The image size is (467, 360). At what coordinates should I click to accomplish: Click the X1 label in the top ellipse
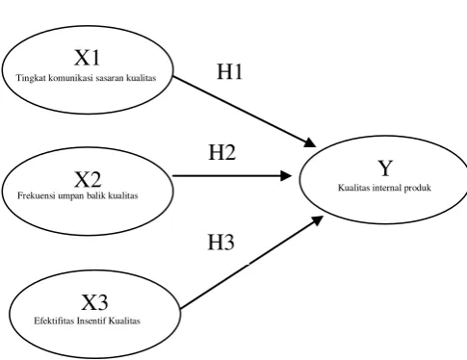click(x=88, y=58)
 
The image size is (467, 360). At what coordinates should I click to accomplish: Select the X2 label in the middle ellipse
click(x=88, y=179)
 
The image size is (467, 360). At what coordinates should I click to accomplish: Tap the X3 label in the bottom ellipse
click(x=94, y=302)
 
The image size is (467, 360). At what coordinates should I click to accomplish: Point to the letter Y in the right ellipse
click(x=385, y=167)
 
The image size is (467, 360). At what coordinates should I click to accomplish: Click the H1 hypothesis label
click(x=229, y=71)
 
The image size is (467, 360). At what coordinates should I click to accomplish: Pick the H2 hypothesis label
click(x=222, y=152)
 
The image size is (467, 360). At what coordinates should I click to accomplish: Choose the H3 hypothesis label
click(x=221, y=242)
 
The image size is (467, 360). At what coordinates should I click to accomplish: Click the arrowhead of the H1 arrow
click(x=310, y=142)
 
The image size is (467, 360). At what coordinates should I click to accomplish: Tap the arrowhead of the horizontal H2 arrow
click(x=286, y=176)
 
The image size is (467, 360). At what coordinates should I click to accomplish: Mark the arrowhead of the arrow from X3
click(x=317, y=220)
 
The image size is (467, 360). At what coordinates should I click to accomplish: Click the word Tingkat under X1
click(x=31, y=78)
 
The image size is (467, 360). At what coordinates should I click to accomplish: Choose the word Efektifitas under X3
click(x=54, y=321)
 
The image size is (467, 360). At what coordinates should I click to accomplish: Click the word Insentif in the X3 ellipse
click(x=91, y=321)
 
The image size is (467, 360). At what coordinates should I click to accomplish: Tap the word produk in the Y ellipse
click(x=417, y=188)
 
